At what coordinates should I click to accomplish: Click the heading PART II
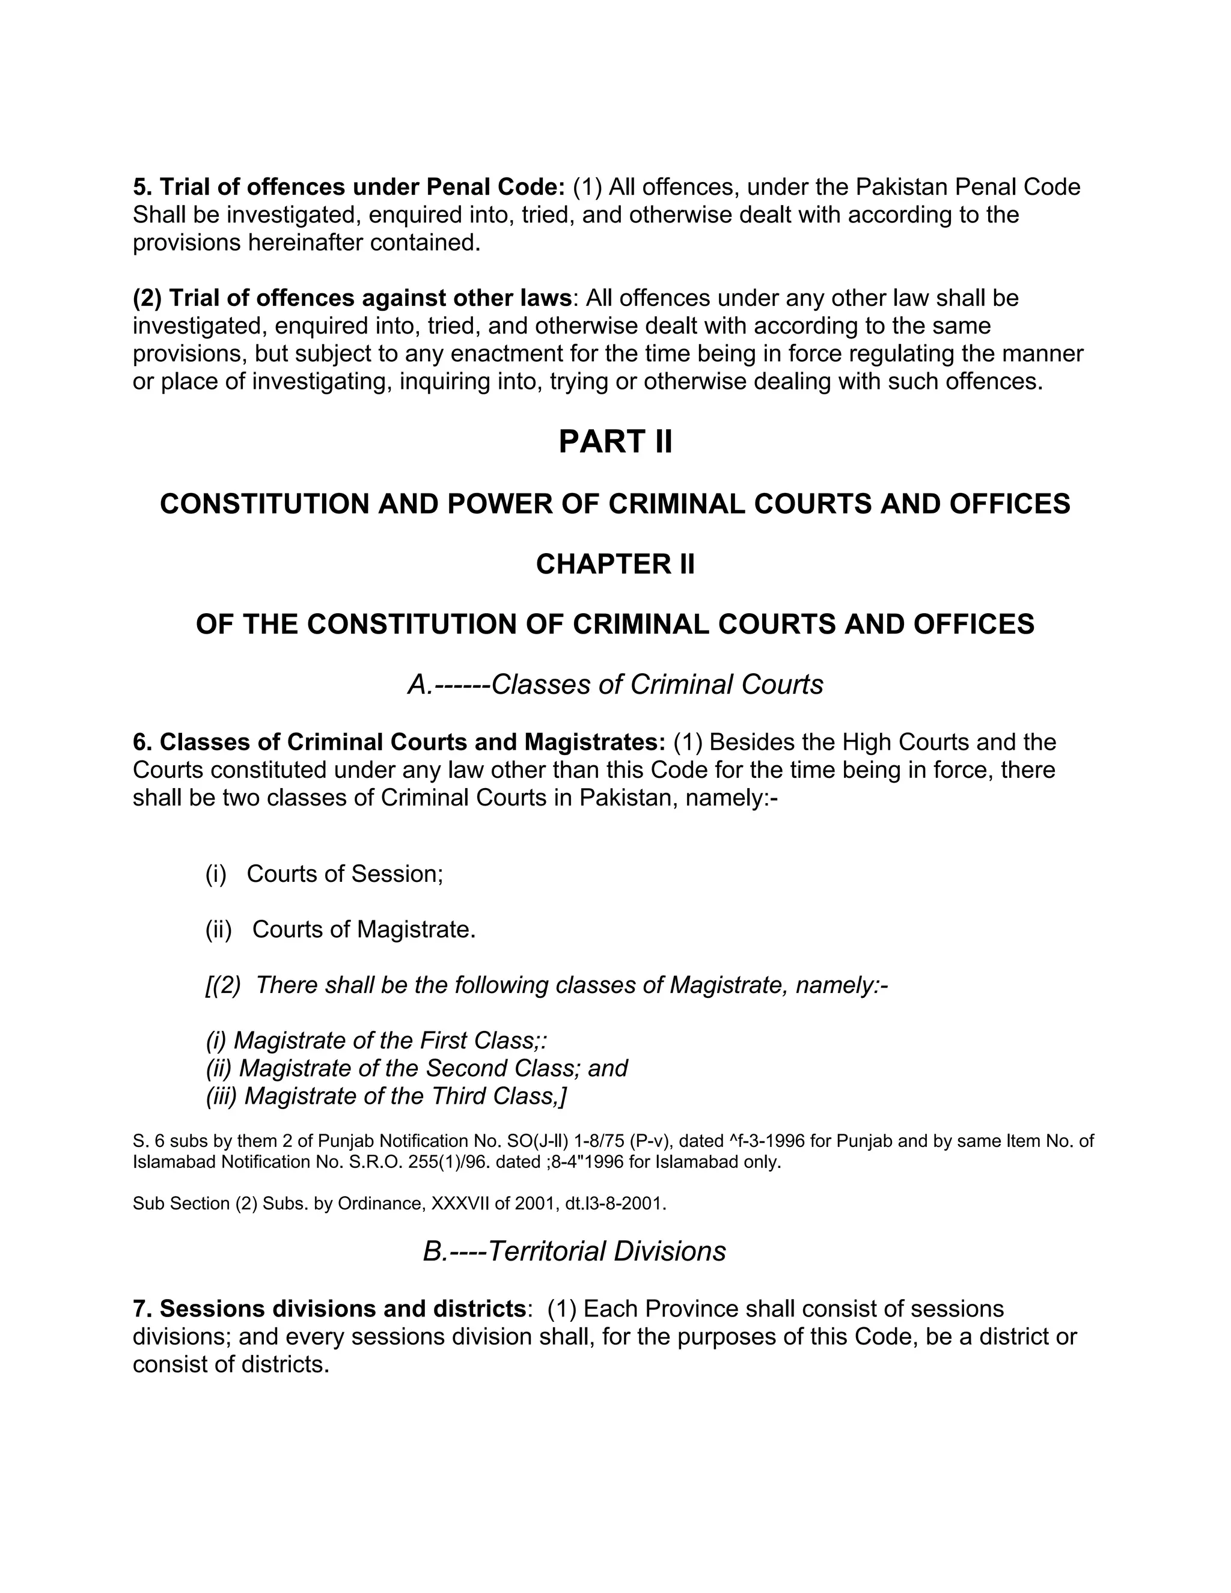click(615, 442)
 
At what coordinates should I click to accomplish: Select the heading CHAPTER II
click(615, 564)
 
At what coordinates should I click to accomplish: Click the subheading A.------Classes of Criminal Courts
click(615, 684)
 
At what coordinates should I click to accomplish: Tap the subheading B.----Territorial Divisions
click(574, 1251)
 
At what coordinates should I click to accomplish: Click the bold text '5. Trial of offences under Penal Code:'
click(349, 188)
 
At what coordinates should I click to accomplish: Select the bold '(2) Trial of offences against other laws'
click(352, 298)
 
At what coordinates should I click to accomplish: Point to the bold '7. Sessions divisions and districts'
click(328, 1309)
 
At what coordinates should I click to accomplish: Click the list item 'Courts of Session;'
click(344, 874)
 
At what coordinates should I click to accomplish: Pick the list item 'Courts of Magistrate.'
click(363, 929)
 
